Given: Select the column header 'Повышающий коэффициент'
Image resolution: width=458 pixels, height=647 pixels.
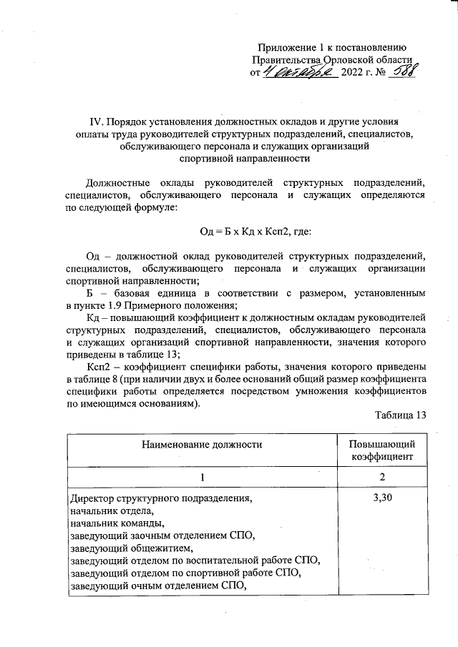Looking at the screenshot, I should click(382, 450).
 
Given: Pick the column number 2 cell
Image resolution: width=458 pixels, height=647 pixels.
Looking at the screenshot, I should click(382, 477).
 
